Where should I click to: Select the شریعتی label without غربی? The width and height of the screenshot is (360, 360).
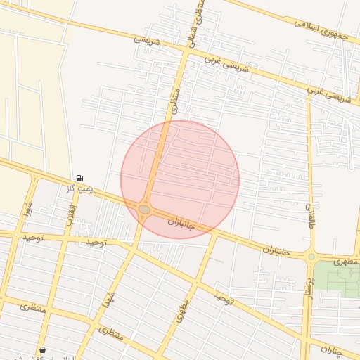tap(147, 41)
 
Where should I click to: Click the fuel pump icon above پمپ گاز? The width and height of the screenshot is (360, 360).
tap(78, 178)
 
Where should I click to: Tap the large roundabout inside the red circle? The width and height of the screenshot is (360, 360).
tap(144, 209)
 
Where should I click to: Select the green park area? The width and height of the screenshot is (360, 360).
tap(336, 278)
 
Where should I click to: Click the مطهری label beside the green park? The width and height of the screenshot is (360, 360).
tap(346, 260)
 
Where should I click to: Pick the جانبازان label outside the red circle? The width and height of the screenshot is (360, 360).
tap(277, 250)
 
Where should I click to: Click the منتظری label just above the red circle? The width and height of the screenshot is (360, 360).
tap(174, 101)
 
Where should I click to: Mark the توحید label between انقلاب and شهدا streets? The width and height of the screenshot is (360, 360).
tap(96, 242)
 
